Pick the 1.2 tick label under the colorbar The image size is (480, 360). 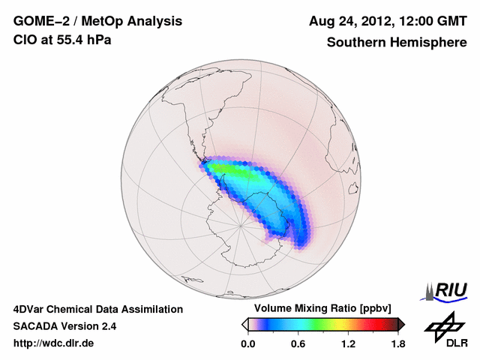click(348, 344)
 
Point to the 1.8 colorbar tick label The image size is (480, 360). click(397, 344)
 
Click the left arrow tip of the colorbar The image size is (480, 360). click(244, 324)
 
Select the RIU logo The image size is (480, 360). click(447, 289)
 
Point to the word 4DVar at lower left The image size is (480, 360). click(29, 309)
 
